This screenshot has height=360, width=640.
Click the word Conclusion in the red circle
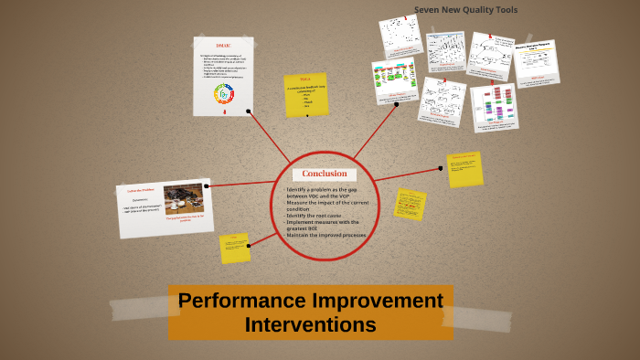pyautogui.click(x=325, y=175)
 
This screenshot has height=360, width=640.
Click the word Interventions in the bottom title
pyautogui.click(x=310, y=323)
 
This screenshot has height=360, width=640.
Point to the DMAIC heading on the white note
pyautogui.click(x=223, y=46)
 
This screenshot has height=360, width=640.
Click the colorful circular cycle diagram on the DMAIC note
pyautogui.click(x=224, y=94)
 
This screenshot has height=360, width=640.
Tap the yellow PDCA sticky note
pyautogui.click(x=305, y=95)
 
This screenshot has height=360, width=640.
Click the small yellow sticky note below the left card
pyautogui.click(x=234, y=248)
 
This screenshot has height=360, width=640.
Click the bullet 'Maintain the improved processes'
pyautogui.click(x=325, y=236)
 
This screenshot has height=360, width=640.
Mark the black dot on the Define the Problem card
pyautogui.click(x=208, y=186)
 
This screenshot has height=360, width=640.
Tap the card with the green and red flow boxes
pyautogui.click(x=394, y=82)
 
